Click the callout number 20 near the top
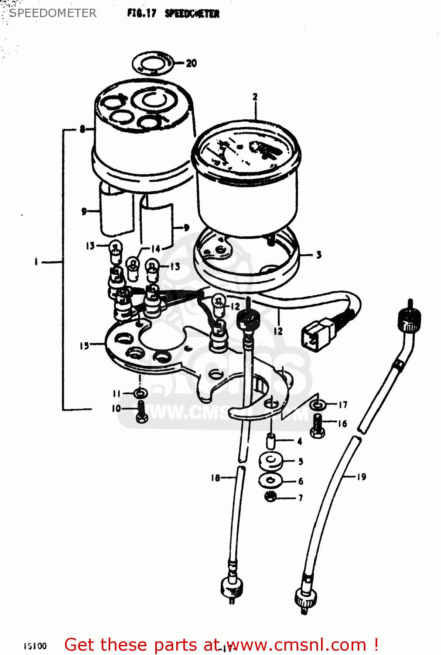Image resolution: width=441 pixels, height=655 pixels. pyautogui.click(x=191, y=63)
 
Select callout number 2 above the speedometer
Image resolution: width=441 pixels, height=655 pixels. pyautogui.click(x=255, y=97)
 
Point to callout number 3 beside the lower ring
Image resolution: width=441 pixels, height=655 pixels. pyautogui.click(x=319, y=255)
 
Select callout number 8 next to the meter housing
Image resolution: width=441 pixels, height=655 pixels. pyautogui.click(x=82, y=129)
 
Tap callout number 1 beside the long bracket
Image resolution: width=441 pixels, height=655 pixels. pyautogui.click(x=37, y=262)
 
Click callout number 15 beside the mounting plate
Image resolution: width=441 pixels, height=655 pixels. pyautogui.click(x=84, y=346)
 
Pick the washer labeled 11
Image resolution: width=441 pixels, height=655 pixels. pyautogui.click(x=140, y=393)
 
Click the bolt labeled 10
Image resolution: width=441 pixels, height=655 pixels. pyautogui.click(x=141, y=411)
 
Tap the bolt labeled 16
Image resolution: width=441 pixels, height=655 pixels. pyautogui.click(x=317, y=425)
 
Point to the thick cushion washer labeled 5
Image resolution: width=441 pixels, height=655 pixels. pyautogui.click(x=271, y=461)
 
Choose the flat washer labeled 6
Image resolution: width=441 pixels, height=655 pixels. pyautogui.click(x=270, y=481)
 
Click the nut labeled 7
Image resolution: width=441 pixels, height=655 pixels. pyautogui.click(x=270, y=496)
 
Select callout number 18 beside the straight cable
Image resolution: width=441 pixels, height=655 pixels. pyautogui.click(x=215, y=478)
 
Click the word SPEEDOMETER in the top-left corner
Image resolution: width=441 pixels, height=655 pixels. pyautogui.click(x=53, y=13)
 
